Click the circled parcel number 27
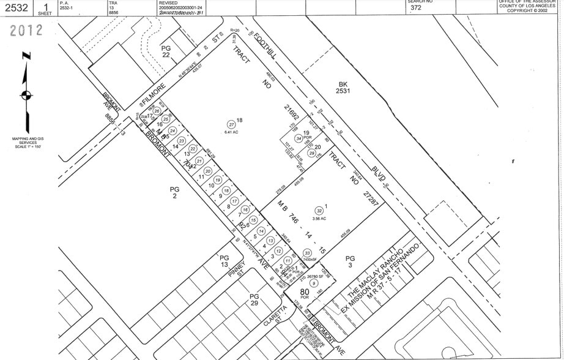pyautogui.click(x=231, y=124)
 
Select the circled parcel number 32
pyautogui.click(x=319, y=210)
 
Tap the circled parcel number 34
pyautogui.click(x=299, y=138)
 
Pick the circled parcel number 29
pyautogui.click(x=311, y=154)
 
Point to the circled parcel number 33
pyautogui.click(x=307, y=253)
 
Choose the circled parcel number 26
pyautogui.click(x=157, y=111)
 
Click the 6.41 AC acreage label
pyautogui.click(x=231, y=132)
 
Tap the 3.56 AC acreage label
pyautogui.click(x=319, y=218)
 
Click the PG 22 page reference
pyautogui.click(x=165, y=51)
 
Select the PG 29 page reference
pyautogui.click(x=254, y=300)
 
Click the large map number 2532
pyautogui.click(x=15, y=7)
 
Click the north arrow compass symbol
pyautogui.click(x=25, y=94)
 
